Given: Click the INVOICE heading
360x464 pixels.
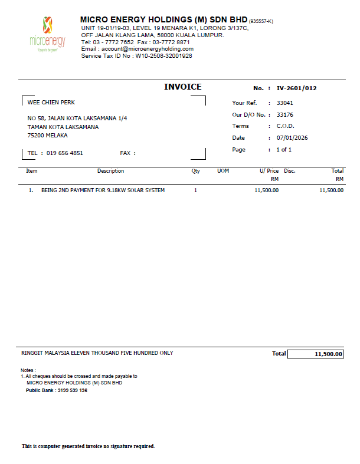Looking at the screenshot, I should click(x=182, y=87).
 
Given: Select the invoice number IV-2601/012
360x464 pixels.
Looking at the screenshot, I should click(x=296, y=88).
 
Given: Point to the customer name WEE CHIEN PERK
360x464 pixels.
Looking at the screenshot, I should click(x=51, y=103).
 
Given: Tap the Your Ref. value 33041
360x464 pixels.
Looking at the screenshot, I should click(x=285, y=103).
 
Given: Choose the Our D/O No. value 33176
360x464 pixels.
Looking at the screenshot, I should click(x=285, y=115).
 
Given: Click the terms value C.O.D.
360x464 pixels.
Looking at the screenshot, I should click(x=286, y=126).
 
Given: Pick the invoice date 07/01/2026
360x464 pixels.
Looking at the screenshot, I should click(x=292, y=138).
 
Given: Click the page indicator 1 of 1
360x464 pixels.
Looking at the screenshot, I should click(x=284, y=150).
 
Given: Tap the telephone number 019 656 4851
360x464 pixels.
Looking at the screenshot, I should click(x=65, y=153).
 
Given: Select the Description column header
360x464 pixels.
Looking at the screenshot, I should click(x=110, y=171).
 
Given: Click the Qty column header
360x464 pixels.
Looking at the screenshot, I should click(x=195, y=171).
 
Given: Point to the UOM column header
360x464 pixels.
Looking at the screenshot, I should click(x=223, y=171).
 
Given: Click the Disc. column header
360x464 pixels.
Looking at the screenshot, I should click(x=290, y=171).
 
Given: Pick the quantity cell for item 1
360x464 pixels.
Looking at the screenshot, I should click(x=195, y=190).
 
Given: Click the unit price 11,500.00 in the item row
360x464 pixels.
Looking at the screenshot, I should click(x=266, y=190).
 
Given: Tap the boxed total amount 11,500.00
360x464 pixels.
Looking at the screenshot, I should click(x=322, y=354).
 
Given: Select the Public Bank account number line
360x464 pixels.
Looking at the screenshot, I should click(x=57, y=390).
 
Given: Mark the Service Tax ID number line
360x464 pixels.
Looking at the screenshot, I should click(x=136, y=56).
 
